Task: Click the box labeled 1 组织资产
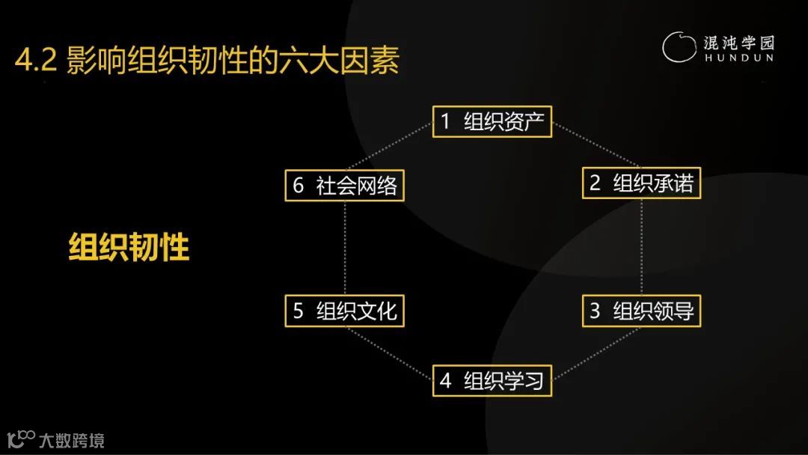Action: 492,121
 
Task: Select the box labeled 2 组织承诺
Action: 641,183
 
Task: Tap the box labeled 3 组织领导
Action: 641,311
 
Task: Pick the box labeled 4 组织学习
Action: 492,380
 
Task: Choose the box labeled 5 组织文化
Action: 344,311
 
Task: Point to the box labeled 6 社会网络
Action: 344,185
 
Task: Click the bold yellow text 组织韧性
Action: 129,246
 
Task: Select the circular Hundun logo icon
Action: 679,46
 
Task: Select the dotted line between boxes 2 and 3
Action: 642,247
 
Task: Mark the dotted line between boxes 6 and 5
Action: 345,247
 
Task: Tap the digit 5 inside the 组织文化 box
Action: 298,311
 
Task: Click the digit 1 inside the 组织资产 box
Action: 445,121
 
